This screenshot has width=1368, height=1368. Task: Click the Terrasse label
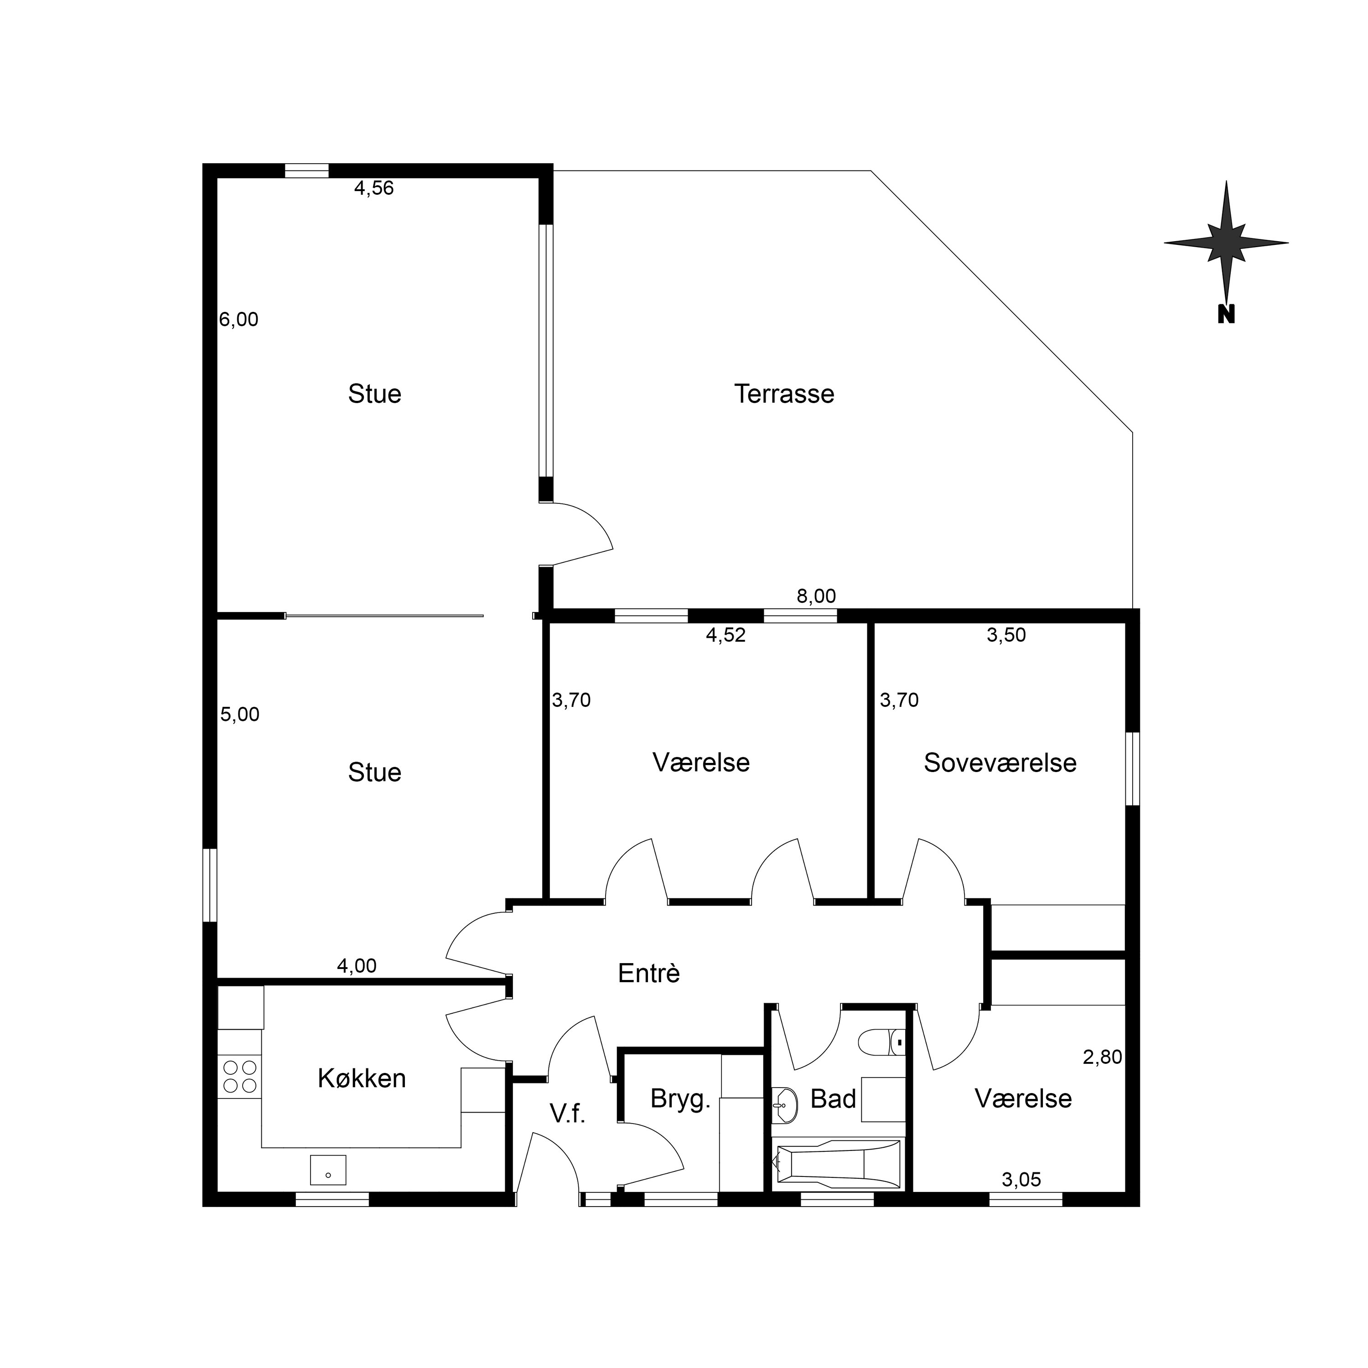(x=784, y=394)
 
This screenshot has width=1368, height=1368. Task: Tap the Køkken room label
(x=361, y=1078)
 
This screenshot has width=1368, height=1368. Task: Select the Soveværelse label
(x=1000, y=762)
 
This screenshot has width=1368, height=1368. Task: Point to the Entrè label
(x=648, y=973)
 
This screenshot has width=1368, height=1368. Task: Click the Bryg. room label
(x=680, y=1099)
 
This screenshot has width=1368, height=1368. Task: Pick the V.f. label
(x=567, y=1114)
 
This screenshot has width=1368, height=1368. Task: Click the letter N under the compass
(x=1226, y=314)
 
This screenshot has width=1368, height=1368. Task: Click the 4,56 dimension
(x=374, y=188)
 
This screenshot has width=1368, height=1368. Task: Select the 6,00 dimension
(x=238, y=320)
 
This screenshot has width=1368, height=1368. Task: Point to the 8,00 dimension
(x=816, y=596)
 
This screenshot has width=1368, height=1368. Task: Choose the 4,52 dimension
(x=726, y=635)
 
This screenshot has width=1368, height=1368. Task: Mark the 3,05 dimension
(x=1021, y=1180)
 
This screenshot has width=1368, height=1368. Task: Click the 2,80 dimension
(x=1103, y=1057)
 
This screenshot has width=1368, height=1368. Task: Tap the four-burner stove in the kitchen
(x=239, y=1076)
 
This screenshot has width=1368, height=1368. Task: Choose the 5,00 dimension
(x=239, y=715)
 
